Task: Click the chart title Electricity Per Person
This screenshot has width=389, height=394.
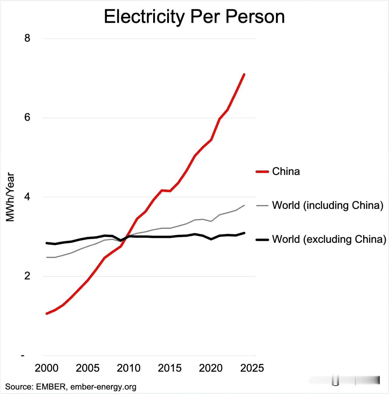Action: [194, 17]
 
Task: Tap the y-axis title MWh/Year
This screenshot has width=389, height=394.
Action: [10, 197]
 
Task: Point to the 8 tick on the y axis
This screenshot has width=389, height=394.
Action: [28, 38]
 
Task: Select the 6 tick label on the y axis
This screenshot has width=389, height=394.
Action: [28, 118]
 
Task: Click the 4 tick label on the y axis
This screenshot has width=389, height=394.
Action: [28, 197]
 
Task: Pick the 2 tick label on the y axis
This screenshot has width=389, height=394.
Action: [28, 276]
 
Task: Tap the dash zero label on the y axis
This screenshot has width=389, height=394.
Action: [22, 355]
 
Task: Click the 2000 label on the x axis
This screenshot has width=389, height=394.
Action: [46, 368]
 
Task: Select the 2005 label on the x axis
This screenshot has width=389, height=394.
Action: [88, 368]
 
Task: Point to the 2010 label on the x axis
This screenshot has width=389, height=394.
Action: [129, 368]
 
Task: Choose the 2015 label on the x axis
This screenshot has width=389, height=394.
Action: [170, 368]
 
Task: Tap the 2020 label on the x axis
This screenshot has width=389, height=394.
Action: [211, 368]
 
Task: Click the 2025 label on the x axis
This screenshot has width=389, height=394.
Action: [252, 368]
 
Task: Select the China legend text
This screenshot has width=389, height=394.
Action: [286, 172]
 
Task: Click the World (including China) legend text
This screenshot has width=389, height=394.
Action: [328, 205]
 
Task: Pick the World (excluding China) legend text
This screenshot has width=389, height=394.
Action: [329, 239]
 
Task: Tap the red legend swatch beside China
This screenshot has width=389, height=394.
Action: [262, 172]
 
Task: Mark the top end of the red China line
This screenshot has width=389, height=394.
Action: [244, 74]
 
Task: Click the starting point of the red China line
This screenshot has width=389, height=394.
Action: [46, 313]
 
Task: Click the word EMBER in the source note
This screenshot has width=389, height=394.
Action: [51, 387]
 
